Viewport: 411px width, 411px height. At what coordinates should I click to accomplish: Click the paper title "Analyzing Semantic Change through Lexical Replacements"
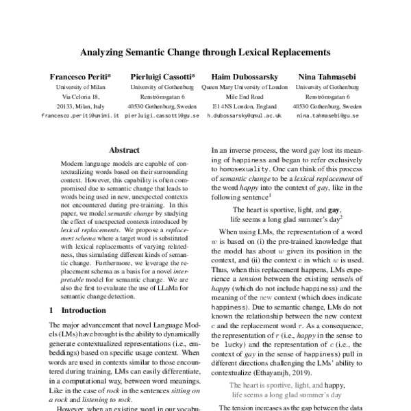pyautogui.click(x=206, y=51)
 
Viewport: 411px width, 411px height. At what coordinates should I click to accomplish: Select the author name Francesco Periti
pyautogui.click(x=79, y=77)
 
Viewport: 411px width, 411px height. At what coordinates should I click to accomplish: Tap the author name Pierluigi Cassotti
pyautogui.click(x=162, y=77)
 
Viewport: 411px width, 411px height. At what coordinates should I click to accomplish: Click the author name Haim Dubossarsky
pyautogui.click(x=245, y=77)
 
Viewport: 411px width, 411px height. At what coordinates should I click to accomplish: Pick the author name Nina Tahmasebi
pyautogui.click(x=325, y=77)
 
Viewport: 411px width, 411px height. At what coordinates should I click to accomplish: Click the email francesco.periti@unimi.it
pyautogui.click(x=80, y=116)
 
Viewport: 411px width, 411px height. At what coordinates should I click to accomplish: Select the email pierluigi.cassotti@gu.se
pyautogui.click(x=162, y=116)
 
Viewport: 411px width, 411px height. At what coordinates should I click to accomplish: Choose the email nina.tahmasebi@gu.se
pyautogui.click(x=325, y=116)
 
